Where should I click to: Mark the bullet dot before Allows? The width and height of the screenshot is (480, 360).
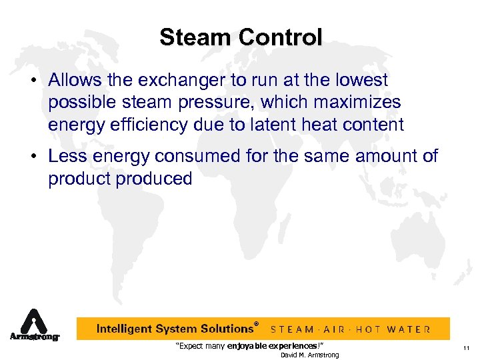(x=33, y=81)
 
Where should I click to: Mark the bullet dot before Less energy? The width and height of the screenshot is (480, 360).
(x=33, y=157)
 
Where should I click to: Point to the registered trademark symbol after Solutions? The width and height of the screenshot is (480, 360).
(x=257, y=324)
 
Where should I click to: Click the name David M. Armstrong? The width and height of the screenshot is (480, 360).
(x=309, y=355)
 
